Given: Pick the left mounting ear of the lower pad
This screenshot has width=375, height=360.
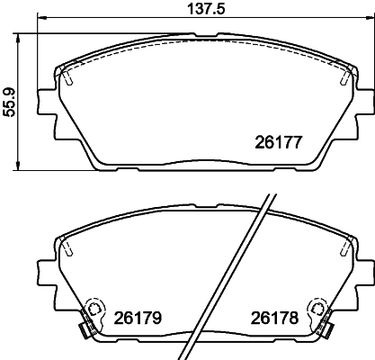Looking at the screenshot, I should pos(43,267).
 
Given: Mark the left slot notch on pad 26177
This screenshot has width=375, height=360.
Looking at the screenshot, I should pos(68,78).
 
